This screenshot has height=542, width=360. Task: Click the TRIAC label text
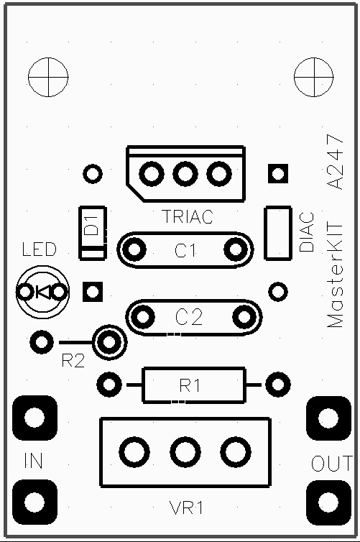[x=188, y=217]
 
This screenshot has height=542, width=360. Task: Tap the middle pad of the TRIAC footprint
[x=185, y=173]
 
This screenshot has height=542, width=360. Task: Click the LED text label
[x=39, y=249]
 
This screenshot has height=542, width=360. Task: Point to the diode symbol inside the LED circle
[x=43, y=292]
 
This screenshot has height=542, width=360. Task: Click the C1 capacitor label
[x=185, y=250]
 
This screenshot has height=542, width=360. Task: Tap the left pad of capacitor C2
[x=142, y=316]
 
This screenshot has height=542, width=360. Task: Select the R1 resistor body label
[x=189, y=385]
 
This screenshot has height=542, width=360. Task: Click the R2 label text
[x=73, y=361]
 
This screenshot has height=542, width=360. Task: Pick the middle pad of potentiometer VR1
[x=185, y=452]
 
